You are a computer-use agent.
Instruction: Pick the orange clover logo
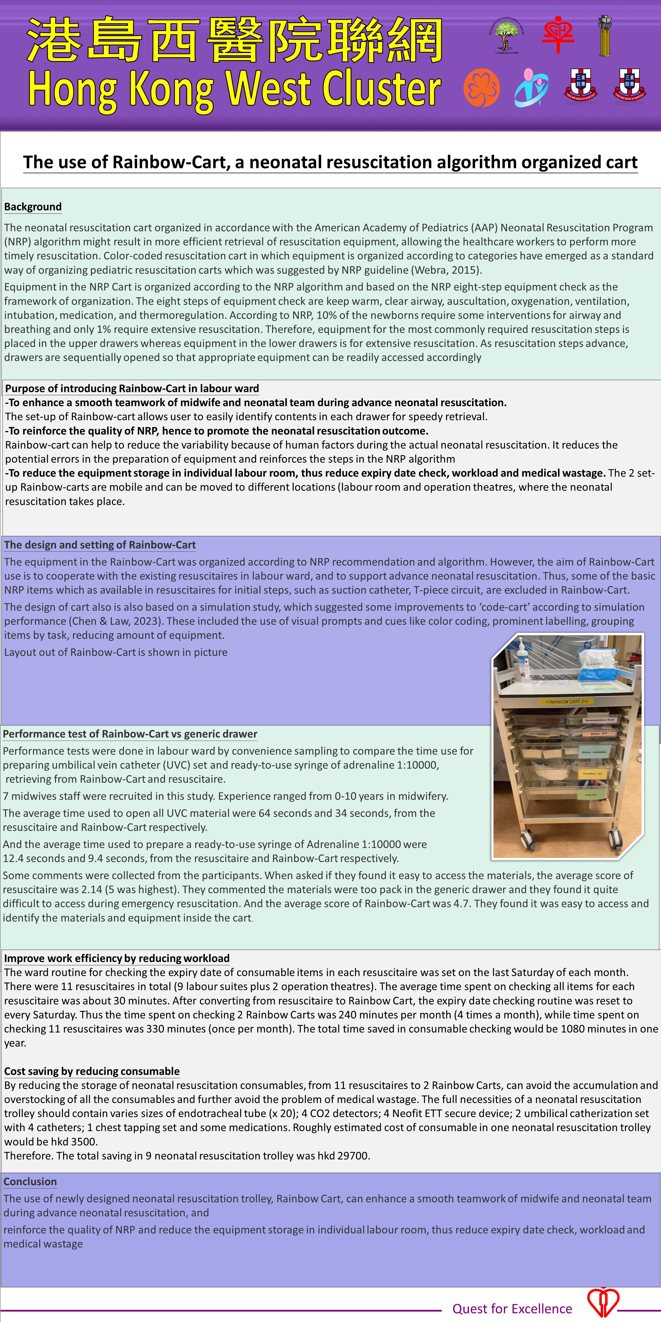coord(481,88)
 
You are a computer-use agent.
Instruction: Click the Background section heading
coord(33,207)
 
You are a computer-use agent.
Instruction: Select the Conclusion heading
coord(30,1181)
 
